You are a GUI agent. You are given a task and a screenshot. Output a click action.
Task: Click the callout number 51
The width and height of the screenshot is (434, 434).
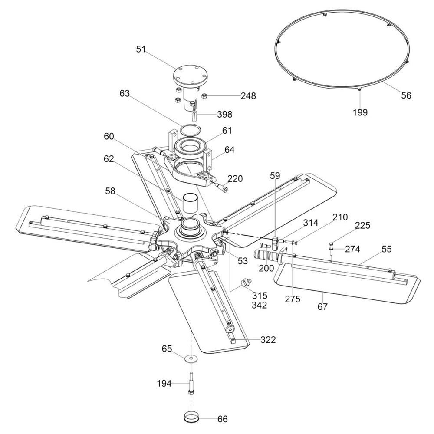pos(141,49)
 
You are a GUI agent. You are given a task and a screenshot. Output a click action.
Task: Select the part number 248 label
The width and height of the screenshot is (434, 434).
pos(248,96)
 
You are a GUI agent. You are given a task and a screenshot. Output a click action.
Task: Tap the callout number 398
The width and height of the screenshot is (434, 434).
pos(224,114)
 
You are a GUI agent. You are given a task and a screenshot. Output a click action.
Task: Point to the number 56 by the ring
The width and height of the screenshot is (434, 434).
pos(406,95)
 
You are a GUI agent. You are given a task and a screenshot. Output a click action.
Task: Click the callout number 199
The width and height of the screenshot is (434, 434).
pos(360,112)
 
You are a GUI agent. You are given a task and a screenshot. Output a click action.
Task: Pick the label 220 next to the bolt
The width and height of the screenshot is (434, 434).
pos(235,178)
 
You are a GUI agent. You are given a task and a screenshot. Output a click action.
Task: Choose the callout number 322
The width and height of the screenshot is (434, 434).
pos(268,340)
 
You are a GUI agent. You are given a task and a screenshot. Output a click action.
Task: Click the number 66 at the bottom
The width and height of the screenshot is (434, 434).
pos(222,419)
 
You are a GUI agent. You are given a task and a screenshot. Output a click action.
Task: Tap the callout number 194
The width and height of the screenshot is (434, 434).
pos(164,383)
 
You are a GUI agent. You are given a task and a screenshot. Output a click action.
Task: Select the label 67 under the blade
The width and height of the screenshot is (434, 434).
pos(322,306)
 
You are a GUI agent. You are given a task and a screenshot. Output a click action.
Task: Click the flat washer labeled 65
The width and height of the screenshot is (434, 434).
pos(191,358)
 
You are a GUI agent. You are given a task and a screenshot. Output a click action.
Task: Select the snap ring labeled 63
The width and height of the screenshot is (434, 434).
pos(191,130)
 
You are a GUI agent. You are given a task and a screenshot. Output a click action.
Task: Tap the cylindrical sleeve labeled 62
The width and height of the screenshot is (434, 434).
pos(190,203)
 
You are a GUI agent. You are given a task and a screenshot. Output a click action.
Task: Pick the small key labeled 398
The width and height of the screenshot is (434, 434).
pos(194,115)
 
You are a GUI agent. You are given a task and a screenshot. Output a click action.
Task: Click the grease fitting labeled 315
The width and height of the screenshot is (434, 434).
pos(246,282)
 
